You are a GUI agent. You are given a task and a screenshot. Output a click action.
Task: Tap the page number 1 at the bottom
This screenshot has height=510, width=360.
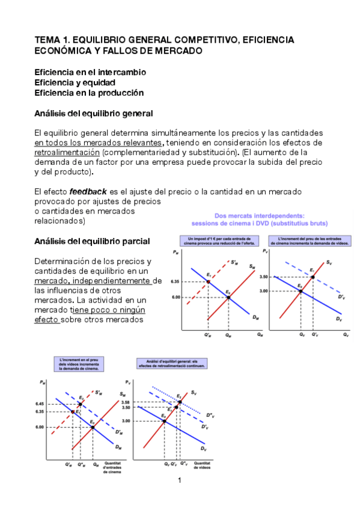coord(179,481)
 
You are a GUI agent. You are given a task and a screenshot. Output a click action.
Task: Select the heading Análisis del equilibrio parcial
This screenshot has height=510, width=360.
coord(92,241)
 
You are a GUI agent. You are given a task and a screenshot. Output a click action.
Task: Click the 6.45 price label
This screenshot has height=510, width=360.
coord(41,404)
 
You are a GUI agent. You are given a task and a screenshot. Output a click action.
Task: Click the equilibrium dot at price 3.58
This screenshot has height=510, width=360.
coord(179,401)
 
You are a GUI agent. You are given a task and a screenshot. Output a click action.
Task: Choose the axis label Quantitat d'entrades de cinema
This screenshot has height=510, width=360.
coord(112,467)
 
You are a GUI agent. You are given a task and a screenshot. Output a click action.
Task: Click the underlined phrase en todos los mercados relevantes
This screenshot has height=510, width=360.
coord(99,143)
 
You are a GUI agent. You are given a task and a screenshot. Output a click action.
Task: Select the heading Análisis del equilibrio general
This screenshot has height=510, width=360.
coord(93,113)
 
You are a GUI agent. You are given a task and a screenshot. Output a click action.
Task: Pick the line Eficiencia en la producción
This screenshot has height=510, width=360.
coord(89,93)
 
